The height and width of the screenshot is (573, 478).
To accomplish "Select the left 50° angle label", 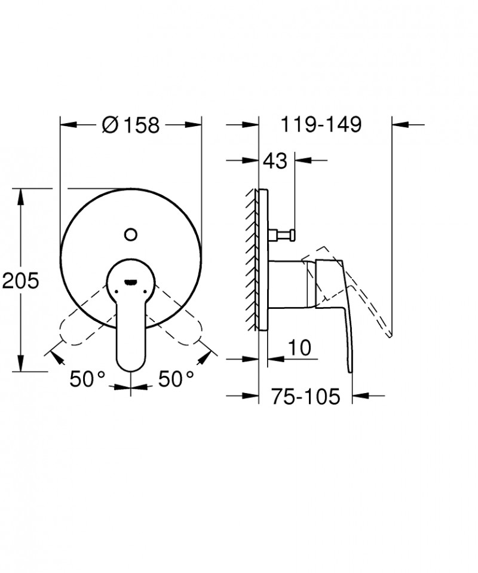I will tap(87, 378).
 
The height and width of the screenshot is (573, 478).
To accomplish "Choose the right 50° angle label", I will tap(176, 378).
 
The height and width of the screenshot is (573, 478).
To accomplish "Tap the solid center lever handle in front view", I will tap(130, 323).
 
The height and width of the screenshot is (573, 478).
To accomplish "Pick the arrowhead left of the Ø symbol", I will tap(69, 125).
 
